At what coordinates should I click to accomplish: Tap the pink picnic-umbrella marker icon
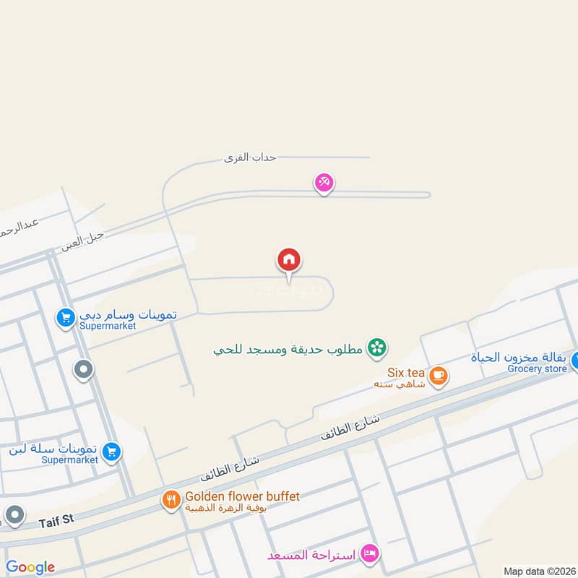click(324, 183)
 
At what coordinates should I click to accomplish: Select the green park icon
click(376, 348)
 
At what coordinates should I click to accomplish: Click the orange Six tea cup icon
click(437, 375)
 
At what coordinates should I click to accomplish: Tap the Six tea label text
click(406, 373)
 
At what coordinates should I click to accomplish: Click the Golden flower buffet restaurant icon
click(171, 499)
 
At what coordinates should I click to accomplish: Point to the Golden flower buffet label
click(242, 496)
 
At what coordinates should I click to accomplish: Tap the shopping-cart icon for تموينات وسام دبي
click(66, 317)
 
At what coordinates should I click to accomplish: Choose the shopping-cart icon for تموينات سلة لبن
click(111, 452)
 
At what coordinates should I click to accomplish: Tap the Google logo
click(30, 567)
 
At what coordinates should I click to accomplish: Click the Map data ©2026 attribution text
click(538, 571)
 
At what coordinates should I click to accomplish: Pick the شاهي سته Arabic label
click(392, 384)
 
